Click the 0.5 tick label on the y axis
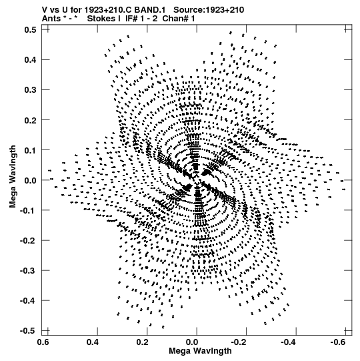[30, 30]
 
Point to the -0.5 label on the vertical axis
[28, 331]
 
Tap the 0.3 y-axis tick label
[30, 90]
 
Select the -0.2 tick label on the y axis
[28, 241]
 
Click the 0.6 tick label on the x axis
[43, 342]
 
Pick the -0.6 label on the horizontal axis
[338, 342]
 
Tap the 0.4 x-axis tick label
[93, 342]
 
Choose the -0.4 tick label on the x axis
[288, 342]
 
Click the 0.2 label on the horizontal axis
[142, 342]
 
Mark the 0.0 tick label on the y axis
[30, 180]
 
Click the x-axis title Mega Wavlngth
[200, 351]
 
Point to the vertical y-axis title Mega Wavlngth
[13, 177]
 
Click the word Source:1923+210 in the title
[209, 10]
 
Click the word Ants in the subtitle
[51, 19]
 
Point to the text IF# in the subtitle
[131, 19]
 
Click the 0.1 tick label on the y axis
[30, 150]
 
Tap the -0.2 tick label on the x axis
[239, 342]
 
